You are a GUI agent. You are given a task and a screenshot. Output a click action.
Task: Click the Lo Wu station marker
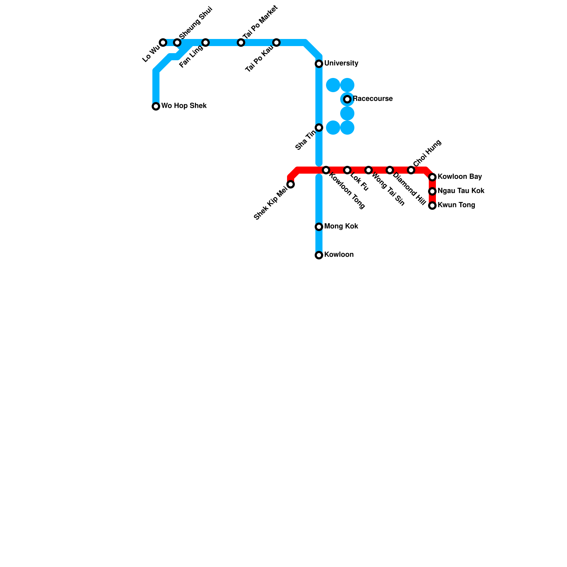pos(163,43)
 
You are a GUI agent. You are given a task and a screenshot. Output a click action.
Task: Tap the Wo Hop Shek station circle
pos(156,106)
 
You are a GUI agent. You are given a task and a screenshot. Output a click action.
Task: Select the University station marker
pos(319,64)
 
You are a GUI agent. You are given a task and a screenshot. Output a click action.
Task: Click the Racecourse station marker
pos(347,99)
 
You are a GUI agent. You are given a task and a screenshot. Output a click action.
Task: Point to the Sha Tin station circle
pos(319,128)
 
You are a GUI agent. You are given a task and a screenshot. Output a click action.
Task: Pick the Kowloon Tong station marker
pos(326,170)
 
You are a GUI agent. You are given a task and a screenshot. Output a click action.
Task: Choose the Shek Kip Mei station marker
pos(291,184)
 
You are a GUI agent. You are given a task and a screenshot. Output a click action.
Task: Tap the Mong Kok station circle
pos(319,227)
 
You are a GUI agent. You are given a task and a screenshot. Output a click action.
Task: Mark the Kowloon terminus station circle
pos(319,255)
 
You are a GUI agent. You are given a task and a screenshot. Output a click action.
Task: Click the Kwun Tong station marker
pos(432,206)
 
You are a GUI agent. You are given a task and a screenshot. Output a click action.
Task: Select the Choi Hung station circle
pos(411,170)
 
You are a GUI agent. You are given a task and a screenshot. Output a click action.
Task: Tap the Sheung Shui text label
pos(196,23)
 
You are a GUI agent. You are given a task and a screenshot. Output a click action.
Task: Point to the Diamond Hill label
pos(409,189)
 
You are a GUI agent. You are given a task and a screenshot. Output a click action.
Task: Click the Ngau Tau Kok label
pos(461,191)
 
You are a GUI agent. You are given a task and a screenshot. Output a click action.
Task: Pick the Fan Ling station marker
pos(206,43)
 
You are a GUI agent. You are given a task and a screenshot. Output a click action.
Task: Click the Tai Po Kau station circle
pos(276,43)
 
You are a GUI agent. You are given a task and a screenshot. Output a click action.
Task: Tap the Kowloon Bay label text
pos(460,176)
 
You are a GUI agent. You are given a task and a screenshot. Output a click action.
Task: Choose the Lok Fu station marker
pos(347,170)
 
